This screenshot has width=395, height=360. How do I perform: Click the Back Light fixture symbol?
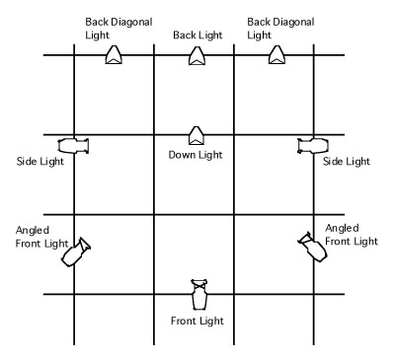click(197, 56)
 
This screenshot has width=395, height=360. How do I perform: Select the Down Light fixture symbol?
click(197, 135)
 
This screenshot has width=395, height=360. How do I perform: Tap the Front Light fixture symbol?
click(199, 295)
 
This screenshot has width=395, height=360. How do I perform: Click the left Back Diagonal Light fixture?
click(114, 55)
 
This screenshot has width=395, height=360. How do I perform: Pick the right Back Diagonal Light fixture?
click(276, 55)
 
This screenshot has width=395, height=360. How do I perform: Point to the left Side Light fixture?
click(73, 146)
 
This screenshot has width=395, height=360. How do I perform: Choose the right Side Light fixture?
click(313, 146)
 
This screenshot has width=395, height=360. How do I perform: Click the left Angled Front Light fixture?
click(76, 252)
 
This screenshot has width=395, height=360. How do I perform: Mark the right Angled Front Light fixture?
click(312, 247)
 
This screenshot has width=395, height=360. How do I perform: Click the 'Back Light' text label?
click(197, 36)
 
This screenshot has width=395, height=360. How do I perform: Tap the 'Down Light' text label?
click(196, 155)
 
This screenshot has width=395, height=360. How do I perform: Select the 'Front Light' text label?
click(197, 321)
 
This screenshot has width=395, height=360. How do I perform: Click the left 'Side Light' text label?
click(40, 162)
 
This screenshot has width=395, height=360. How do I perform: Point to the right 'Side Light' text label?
click(347, 162)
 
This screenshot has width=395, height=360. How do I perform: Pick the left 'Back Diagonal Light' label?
click(118, 29)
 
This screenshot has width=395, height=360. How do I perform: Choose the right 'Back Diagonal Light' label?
click(280, 29)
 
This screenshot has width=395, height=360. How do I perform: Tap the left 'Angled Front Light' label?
click(42, 237)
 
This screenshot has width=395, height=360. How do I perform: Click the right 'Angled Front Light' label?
click(352, 235)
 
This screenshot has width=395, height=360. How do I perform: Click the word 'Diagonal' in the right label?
click(294, 23)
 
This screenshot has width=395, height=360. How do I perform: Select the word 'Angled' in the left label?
click(33, 231)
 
